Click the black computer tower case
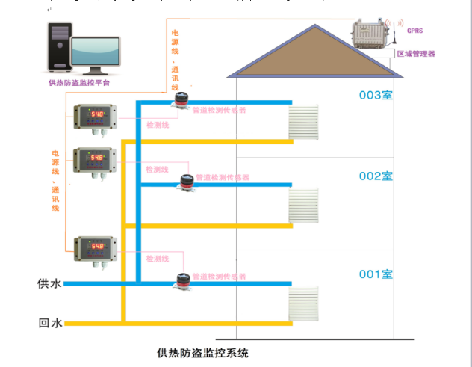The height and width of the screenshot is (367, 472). (x=59, y=46)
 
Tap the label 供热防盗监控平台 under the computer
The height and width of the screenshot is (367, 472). (x=79, y=83)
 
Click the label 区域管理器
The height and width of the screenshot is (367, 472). (x=415, y=54)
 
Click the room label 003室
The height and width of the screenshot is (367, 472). (x=376, y=96)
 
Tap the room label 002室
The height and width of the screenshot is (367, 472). (x=376, y=176)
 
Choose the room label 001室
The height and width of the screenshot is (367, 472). (x=376, y=274)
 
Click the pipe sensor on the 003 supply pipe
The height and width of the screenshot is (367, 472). (x=180, y=99)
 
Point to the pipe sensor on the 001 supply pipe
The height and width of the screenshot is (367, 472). (x=180, y=280)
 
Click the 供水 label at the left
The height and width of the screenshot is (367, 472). (x=49, y=284)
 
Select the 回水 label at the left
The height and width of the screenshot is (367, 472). (x=49, y=324)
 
